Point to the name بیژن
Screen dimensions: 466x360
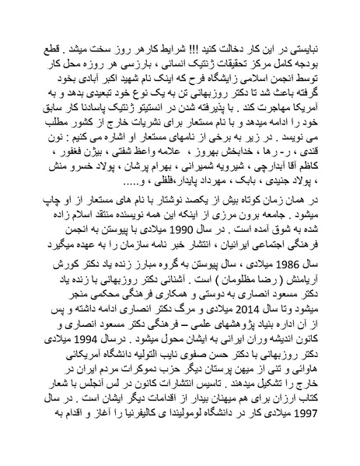tap(92, 170)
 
